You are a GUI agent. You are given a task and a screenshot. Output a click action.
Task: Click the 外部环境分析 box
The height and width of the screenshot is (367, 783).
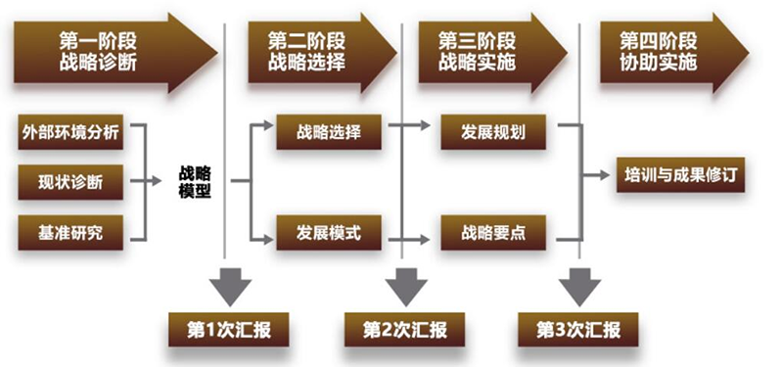point(71,133)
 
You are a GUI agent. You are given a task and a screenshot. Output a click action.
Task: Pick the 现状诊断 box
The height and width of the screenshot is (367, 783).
point(71,183)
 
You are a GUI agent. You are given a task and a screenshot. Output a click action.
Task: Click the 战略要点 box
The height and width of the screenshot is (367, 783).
point(496,232)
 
